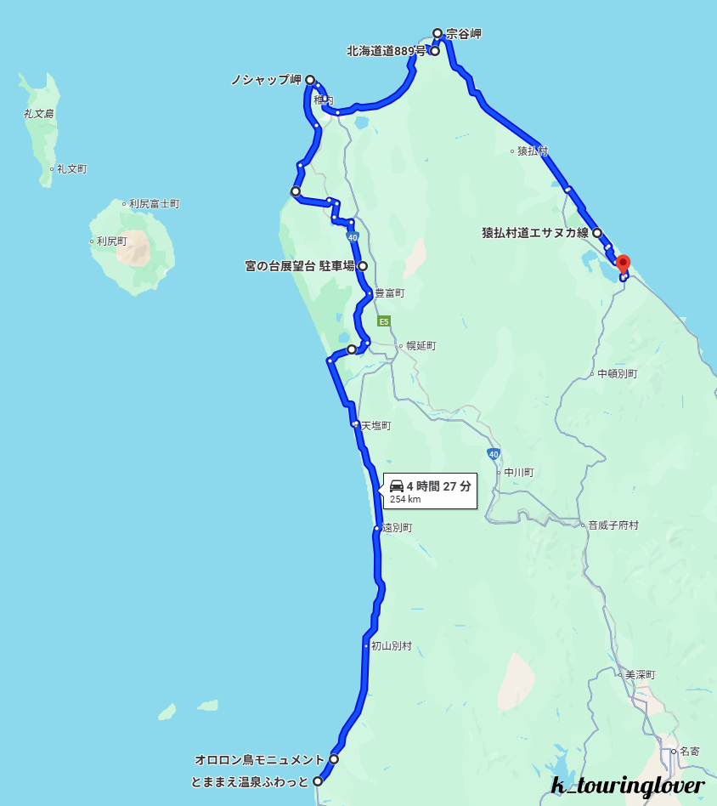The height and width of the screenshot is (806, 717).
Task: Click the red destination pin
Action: tap(623, 264)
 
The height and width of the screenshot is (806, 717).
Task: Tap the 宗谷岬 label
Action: tap(464, 35)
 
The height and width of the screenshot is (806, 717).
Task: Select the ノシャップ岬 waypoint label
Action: tap(266, 80)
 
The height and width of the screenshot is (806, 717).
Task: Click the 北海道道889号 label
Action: tap(386, 51)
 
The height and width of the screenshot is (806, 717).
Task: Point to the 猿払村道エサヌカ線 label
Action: tap(535, 233)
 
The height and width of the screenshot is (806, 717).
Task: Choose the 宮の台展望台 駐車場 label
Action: tap(299, 266)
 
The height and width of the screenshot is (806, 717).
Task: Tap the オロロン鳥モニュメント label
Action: tap(259, 759)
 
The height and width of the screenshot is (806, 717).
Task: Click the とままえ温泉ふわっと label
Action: tap(250, 781)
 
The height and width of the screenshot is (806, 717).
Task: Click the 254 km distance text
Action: tap(405, 500)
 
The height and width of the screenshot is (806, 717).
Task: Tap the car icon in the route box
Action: tap(397, 486)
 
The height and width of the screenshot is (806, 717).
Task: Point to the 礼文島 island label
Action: tap(39, 113)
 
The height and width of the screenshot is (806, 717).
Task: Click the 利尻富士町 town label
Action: tap(155, 204)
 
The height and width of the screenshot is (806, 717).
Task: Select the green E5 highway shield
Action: tap(384, 321)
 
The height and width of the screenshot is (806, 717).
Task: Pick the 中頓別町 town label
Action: tap(617, 373)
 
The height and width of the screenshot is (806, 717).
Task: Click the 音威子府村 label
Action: tap(613, 525)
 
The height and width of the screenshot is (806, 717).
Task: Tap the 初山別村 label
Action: tap(392, 646)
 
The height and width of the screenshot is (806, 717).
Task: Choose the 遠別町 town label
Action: tap(397, 528)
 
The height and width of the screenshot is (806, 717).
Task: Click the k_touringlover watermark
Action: tap(627, 786)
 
